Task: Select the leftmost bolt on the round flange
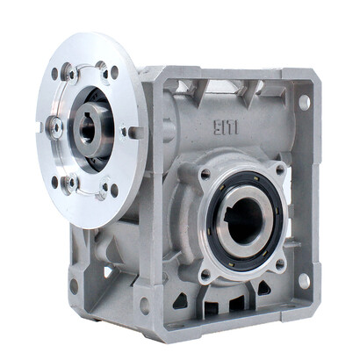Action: click(54, 128)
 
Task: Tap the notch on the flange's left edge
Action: click(40, 128)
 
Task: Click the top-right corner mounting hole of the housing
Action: click(304, 102)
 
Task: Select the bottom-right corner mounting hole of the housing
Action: click(304, 281)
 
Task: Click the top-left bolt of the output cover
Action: click(204, 174)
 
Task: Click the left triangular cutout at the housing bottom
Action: click(180, 299)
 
